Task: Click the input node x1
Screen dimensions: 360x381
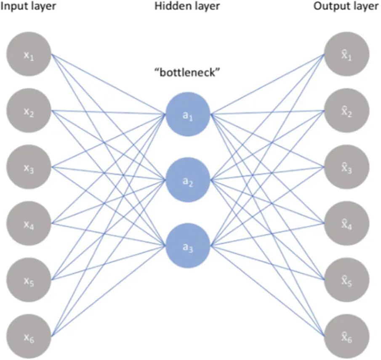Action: point(29,56)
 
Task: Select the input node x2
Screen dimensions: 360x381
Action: point(29,111)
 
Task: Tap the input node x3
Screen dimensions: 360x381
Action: point(29,167)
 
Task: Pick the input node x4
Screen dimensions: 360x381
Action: point(29,223)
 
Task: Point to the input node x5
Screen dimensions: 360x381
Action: point(29,279)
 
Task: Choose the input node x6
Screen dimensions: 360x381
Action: point(29,335)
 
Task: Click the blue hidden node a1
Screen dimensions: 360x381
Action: point(188,114)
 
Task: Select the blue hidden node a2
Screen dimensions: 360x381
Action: point(188,180)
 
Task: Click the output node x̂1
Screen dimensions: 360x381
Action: point(347,56)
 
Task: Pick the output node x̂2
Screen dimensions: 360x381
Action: point(347,111)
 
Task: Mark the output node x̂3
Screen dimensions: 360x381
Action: point(347,167)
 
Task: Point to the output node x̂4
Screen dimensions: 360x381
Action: point(347,223)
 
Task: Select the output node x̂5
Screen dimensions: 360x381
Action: point(347,279)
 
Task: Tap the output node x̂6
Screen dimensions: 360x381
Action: point(347,335)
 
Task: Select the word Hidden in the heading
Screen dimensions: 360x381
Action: point(169,7)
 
